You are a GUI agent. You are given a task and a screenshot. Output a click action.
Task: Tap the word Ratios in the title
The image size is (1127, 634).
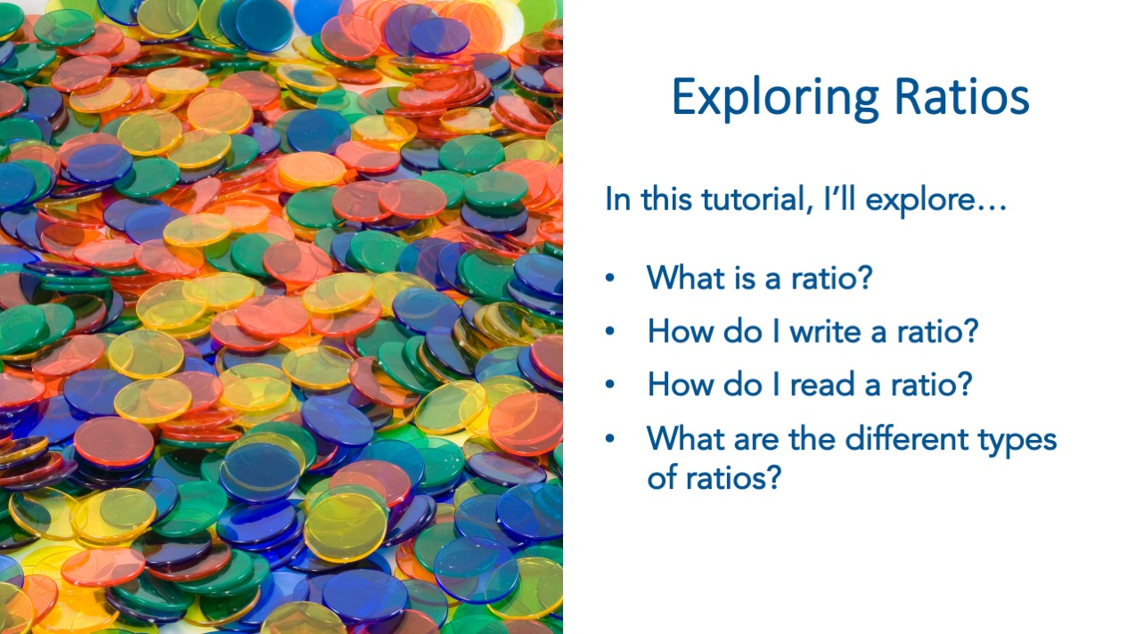(x=962, y=96)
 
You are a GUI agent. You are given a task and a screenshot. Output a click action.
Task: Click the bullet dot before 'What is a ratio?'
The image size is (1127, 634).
(x=610, y=278)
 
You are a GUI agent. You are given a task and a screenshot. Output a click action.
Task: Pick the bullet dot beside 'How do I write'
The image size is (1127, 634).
(x=610, y=331)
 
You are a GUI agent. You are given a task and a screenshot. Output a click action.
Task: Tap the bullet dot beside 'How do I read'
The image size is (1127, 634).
(x=610, y=385)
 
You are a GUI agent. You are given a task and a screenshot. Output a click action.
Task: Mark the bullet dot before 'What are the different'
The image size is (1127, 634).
(x=610, y=438)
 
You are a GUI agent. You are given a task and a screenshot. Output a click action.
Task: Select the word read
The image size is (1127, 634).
(x=822, y=385)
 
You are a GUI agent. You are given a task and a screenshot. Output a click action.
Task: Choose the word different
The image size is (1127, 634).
(x=907, y=438)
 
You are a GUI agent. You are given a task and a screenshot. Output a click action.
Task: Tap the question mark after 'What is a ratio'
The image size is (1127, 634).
(x=865, y=277)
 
